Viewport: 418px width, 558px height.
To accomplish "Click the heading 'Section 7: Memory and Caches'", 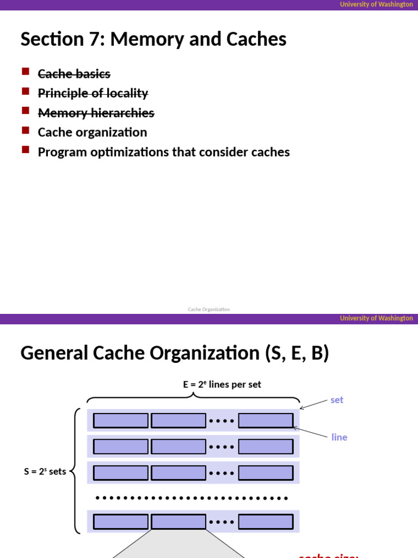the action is point(153,39).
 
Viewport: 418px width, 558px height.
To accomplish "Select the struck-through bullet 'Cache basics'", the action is point(74,74).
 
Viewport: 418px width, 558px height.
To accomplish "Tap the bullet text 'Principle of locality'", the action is point(93,93).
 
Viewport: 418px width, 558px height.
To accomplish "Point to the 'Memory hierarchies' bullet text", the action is point(96,113).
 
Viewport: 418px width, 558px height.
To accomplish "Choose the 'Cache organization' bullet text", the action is point(92,132).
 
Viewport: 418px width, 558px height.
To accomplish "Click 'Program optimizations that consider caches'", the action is point(163,152).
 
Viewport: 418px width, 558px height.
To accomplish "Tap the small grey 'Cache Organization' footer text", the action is point(209,310).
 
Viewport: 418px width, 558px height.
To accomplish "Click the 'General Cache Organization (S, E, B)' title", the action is point(175,354).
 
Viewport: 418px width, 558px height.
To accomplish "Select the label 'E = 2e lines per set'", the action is point(222,385).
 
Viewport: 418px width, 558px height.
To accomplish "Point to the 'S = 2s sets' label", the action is point(45,471).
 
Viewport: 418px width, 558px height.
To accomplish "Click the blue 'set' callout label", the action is point(337,400).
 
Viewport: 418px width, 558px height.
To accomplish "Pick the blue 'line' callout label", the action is point(339,437).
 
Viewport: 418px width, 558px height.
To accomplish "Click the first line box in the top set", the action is point(121,421).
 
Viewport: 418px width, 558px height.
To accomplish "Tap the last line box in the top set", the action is point(266,421).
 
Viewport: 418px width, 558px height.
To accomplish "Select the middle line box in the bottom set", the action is point(179,522).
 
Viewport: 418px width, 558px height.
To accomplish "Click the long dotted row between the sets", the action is point(192,498).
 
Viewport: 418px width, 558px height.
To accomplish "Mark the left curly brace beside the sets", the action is point(75,471).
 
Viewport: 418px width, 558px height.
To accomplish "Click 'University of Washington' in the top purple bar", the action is point(376,4).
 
